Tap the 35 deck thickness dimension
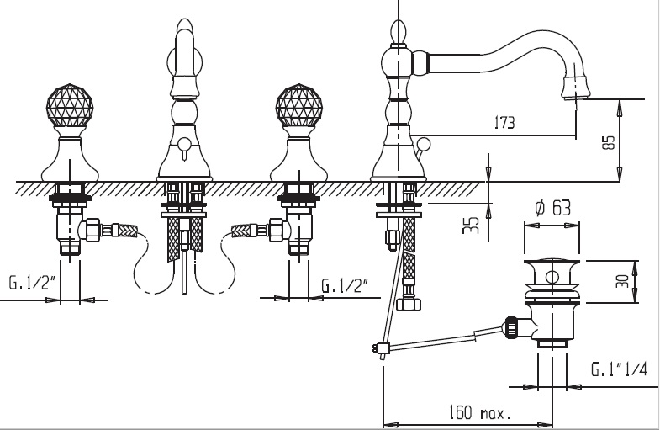click(x=473, y=226)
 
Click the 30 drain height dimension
click(x=622, y=280)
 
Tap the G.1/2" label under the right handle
click(x=346, y=284)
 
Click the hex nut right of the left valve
click(x=95, y=229)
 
